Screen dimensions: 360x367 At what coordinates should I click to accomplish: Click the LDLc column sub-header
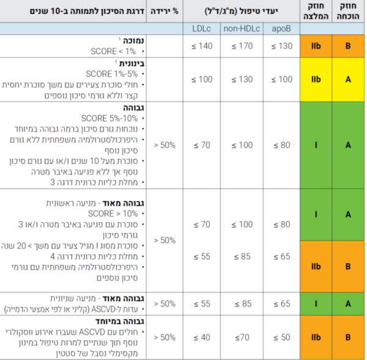[x=201, y=28]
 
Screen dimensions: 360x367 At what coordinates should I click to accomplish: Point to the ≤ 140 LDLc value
[x=201, y=45]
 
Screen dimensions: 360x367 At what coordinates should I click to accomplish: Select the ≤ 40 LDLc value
[x=201, y=337]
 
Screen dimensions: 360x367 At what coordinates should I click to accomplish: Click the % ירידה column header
[x=166, y=12]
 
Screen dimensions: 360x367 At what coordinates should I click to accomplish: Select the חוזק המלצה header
[x=315, y=12]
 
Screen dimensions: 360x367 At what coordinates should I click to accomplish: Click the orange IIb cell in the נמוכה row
[x=315, y=45]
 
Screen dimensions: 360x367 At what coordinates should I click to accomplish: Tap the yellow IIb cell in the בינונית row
[x=315, y=80]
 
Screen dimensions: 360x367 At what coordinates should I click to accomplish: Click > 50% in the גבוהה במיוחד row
[x=166, y=337]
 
